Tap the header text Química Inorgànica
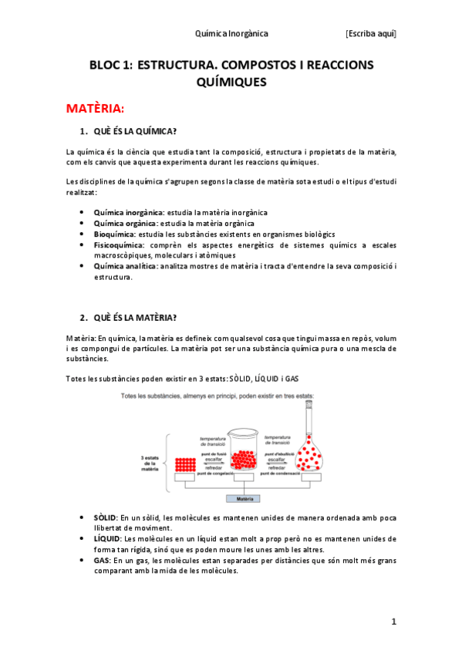(x=231, y=34)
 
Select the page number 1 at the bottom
(x=393, y=622)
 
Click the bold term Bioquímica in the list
(x=114, y=234)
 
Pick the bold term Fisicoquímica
(x=119, y=244)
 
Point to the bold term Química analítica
(x=125, y=266)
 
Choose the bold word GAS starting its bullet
(x=101, y=561)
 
